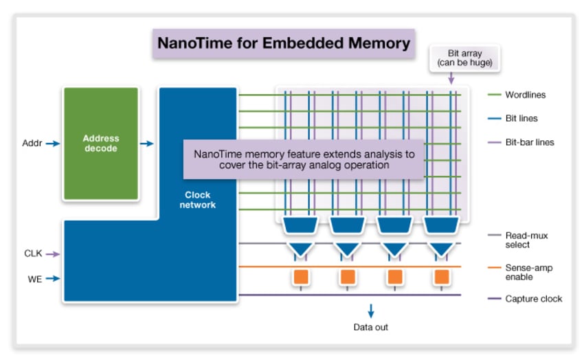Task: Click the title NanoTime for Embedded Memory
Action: pyautogui.click(x=284, y=43)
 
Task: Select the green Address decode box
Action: pyautogui.click(x=100, y=143)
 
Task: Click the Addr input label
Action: pyautogui.click(x=32, y=144)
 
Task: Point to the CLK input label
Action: pyautogui.click(x=33, y=254)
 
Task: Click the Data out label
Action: pyautogui.click(x=371, y=327)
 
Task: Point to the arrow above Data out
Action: pyautogui.click(x=371, y=310)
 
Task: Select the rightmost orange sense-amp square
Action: pyautogui.click(x=442, y=277)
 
